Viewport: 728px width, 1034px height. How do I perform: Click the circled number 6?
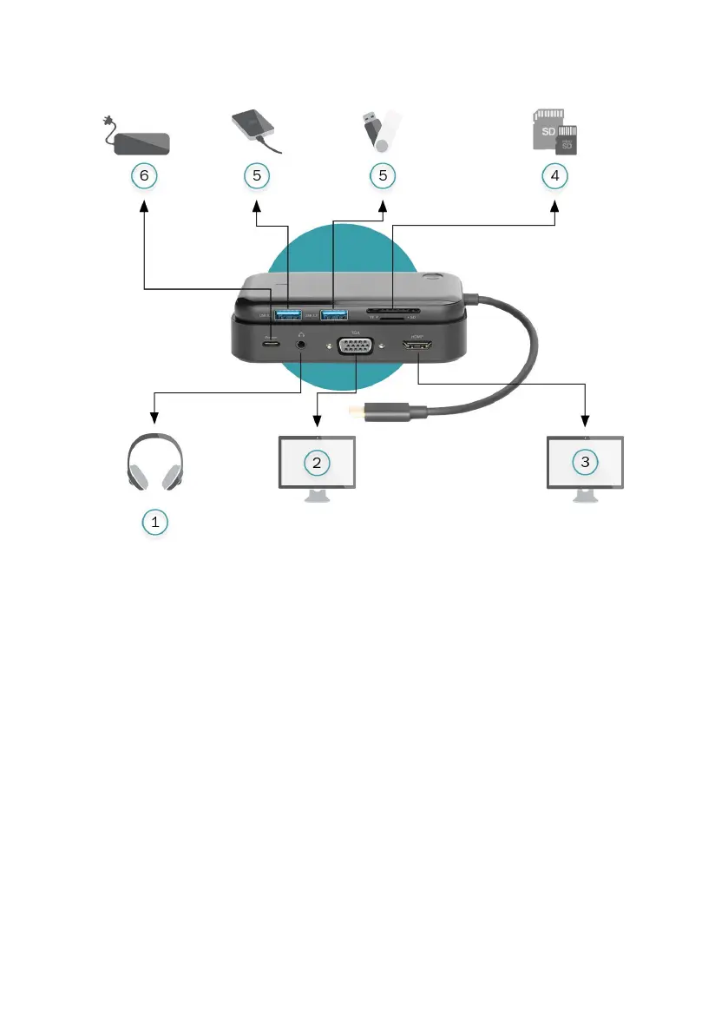pos(144,175)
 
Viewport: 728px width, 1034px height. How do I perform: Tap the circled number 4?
pos(555,175)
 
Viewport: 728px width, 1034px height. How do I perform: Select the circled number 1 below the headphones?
pos(154,522)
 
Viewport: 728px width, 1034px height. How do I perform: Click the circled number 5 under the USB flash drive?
pos(382,175)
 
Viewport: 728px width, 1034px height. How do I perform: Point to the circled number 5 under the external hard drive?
pos(257,175)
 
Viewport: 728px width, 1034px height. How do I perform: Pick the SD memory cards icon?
pos(555,131)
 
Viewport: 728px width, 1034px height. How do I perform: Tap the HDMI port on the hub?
pos(417,348)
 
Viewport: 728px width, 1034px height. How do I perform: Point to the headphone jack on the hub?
pos(301,343)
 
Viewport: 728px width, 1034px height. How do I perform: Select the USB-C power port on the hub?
pos(272,342)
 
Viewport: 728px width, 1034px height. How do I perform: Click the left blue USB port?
pos(287,314)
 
